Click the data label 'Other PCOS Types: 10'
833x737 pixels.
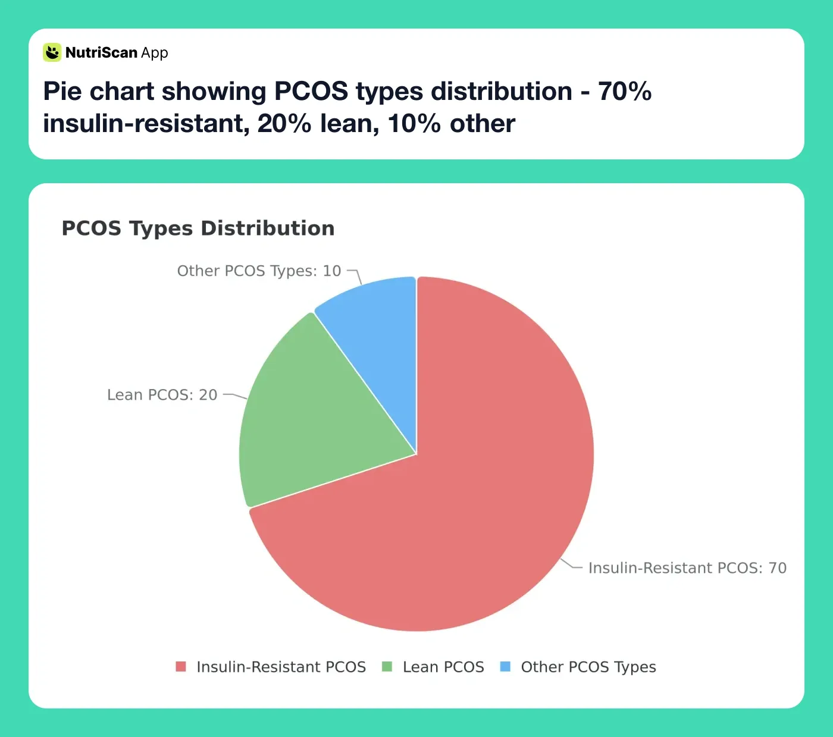[x=259, y=271]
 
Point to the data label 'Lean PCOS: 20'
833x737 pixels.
[x=162, y=395]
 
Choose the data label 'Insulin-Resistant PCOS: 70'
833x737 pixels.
[x=687, y=568]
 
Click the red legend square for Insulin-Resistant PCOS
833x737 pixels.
[x=181, y=666]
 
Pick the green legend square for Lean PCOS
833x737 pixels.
[x=387, y=666]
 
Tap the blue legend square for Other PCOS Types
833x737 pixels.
[x=505, y=666]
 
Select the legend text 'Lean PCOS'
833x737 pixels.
[x=443, y=667]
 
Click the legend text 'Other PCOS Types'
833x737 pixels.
[x=588, y=667]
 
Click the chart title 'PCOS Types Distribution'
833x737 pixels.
[x=198, y=228]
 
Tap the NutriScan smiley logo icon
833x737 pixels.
[x=52, y=52]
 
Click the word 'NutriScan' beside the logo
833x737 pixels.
[x=101, y=52]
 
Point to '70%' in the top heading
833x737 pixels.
[x=624, y=92]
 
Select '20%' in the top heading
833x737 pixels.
[x=284, y=124]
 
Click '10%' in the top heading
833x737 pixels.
[x=414, y=124]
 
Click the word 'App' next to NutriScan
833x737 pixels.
[x=155, y=53]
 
